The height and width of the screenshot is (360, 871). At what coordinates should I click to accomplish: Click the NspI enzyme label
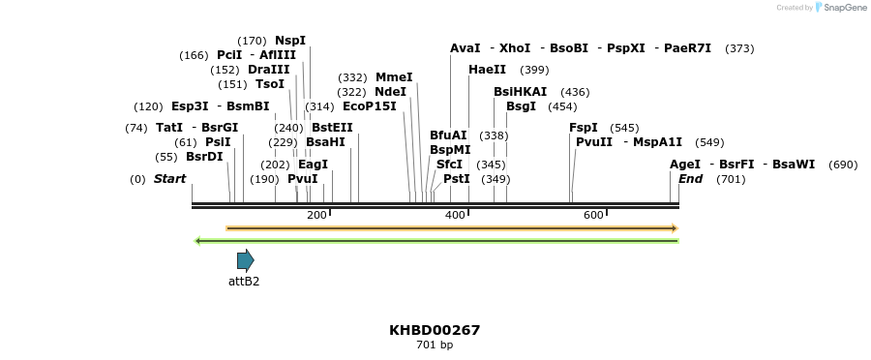290,41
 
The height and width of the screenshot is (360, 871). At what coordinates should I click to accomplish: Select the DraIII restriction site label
268,70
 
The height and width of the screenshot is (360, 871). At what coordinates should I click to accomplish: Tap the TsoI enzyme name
270,84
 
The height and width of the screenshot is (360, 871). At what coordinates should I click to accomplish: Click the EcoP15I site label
370,106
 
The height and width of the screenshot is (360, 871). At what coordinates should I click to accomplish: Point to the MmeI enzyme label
394,77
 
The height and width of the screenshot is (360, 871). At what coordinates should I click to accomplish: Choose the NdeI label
390,92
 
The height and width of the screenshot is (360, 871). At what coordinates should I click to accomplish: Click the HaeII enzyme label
487,70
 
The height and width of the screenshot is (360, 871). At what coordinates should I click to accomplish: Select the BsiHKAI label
520,92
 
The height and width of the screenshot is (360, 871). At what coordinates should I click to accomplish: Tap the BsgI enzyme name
521,106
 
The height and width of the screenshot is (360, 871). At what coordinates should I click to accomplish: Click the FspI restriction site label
583,128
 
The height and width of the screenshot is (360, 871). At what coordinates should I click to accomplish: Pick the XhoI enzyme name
515,48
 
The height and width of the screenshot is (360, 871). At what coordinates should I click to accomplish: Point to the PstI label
456,179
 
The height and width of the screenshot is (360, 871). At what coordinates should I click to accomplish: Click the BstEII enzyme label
332,128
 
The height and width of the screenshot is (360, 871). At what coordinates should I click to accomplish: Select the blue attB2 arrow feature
245,260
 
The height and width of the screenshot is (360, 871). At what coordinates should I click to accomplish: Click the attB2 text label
244,282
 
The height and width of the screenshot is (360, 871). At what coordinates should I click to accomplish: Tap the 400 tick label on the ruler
456,215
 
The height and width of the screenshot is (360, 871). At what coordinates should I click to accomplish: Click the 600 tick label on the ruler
594,215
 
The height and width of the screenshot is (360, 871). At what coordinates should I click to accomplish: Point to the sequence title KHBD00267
435,330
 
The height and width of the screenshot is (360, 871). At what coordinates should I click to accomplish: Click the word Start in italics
169,179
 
